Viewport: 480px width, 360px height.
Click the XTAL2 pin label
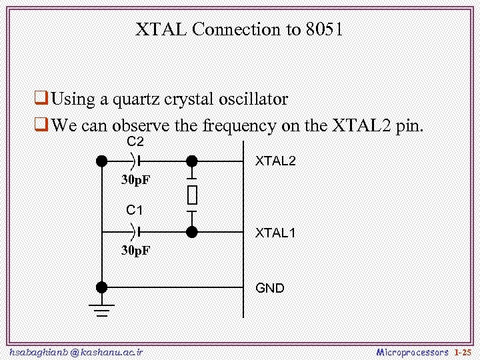pyautogui.click(x=275, y=161)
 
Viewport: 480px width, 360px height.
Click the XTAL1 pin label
pyautogui.click(x=275, y=233)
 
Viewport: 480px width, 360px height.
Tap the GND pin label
pyautogui.click(x=270, y=288)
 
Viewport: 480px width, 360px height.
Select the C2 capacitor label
pyautogui.click(x=135, y=142)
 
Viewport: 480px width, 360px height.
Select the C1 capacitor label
pyautogui.click(x=135, y=211)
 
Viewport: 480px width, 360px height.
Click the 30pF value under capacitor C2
pyautogui.click(x=135, y=180)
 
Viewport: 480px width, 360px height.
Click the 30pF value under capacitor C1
pyautogui.click(x=135, y=251)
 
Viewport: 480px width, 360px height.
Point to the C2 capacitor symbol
pyautogui.click(x=137, y=161)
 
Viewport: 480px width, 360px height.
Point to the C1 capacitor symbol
pyautogui.click(x=137, y=231)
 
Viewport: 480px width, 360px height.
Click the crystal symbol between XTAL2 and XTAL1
pyautogui.click(x=192, y=195)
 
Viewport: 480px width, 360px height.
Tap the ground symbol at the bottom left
pyautogui.click(x=101, y=310)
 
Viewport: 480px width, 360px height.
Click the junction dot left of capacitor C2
pyautogui.click(x=101, y=161)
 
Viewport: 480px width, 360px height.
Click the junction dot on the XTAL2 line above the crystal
pyautogui.click(x=192, y=161)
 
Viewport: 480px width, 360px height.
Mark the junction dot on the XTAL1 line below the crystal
pyautogui.click(x=192, y=231)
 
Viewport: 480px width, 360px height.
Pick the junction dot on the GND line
pyautogui.click(x=101, y=287)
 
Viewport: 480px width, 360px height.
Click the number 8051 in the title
pyautogui.click(x=325, y=30)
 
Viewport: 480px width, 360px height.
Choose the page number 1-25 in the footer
pyautogui.click(x=462, y=352)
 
